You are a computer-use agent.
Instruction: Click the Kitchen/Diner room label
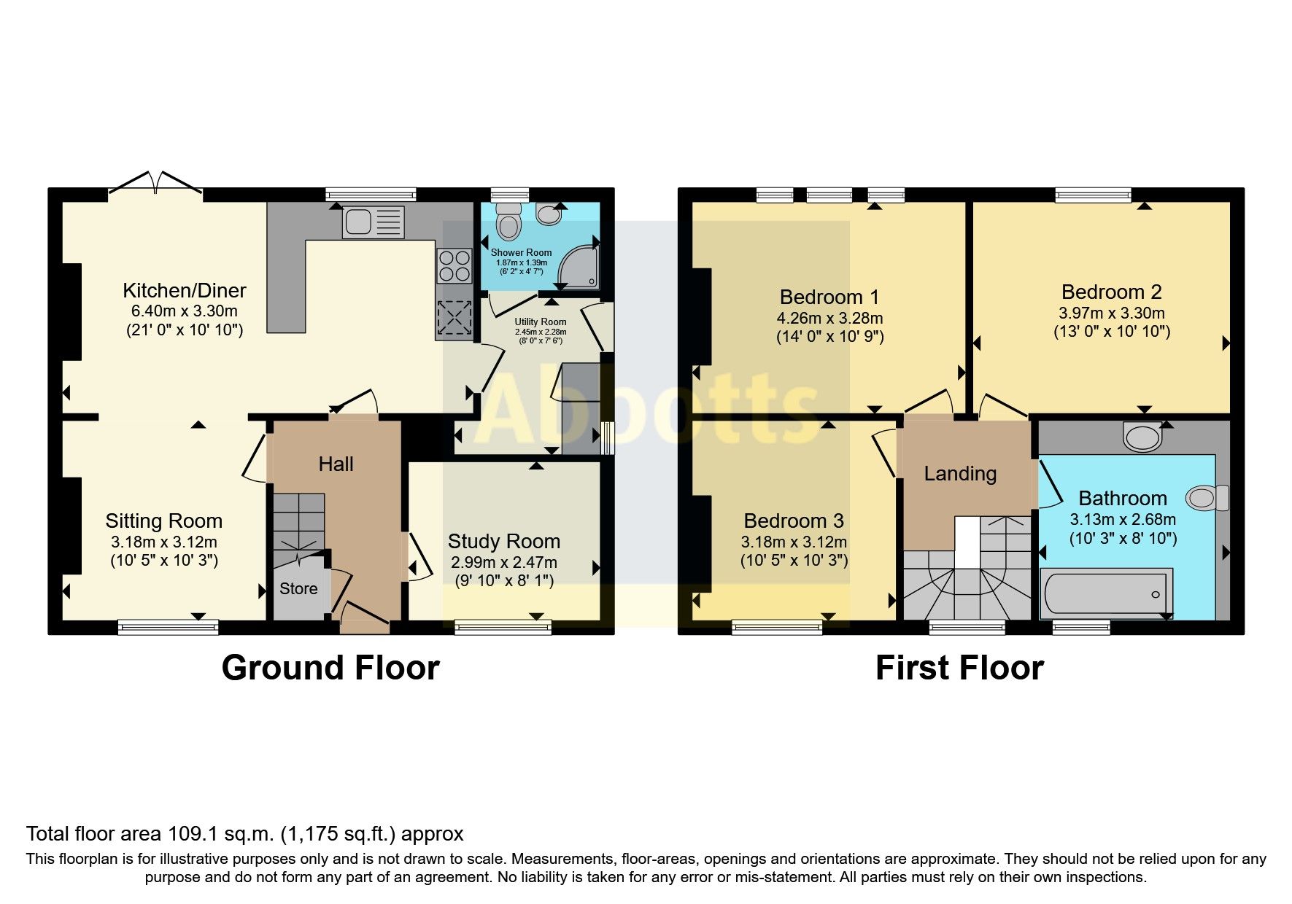pos(184,291)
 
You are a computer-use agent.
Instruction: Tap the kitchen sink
pos(373,222)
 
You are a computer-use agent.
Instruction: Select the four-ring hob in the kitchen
pos(454,266)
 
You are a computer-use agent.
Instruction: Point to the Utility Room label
pos(540,322)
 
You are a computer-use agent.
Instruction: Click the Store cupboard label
pos(298,589)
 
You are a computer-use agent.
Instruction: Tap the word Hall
pos(336,464)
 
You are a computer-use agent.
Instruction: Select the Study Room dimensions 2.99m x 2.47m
pos(503,563)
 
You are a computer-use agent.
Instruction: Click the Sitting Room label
pos(163,521)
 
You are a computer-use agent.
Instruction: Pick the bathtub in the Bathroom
pos(1106,593)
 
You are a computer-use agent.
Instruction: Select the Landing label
pos(959,474)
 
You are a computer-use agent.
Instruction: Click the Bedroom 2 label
pos(1111,292)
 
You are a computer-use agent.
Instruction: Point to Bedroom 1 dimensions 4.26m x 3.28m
pos(829,319)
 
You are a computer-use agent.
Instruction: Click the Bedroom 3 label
pos(794,521)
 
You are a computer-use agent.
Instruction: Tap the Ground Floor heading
pos(330,668)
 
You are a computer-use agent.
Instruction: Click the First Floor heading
pos(959,668)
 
